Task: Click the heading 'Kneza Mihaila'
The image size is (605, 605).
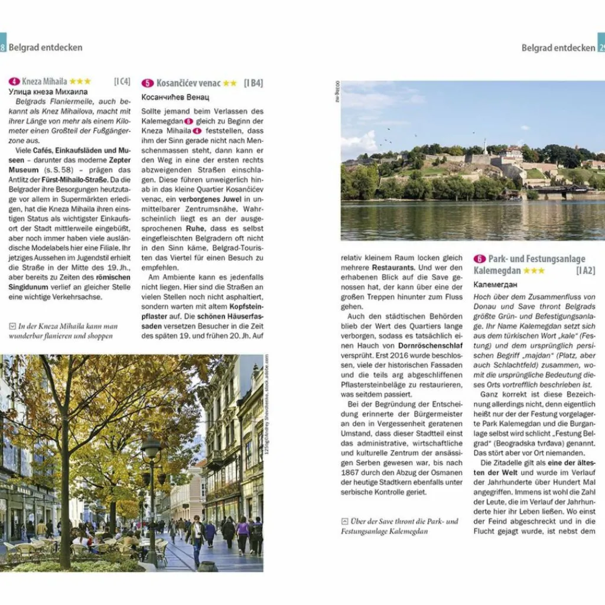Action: coord(44,82)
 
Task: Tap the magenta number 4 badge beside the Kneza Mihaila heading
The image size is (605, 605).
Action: coord(15,82)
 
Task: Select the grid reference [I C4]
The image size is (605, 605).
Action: coord(122,82)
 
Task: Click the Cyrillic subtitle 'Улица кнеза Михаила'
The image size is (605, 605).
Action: coord(48,92)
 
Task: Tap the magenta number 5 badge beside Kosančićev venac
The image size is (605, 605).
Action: coord(148,83)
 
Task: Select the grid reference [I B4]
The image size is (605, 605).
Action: coord(253,83)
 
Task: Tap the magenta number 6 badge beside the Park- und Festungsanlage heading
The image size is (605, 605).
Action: coord(480,259)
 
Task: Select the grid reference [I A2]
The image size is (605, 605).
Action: coord(586,271)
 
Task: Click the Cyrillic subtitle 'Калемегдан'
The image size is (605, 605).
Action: coord(493,284)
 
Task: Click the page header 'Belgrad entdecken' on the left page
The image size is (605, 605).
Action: coord(45,47)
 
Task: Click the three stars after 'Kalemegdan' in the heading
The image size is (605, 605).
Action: coord(534,271)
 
